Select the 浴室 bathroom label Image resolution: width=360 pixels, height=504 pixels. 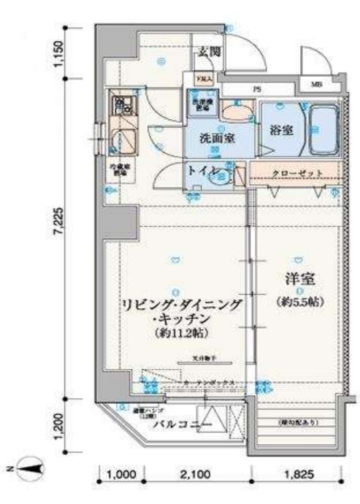pyautogui.click(x=280, y=130)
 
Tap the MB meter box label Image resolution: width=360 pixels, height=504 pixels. pyautogui.click(x=316, y=84)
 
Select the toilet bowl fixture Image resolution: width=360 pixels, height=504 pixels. pyautogui.click(x=224, y=176)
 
